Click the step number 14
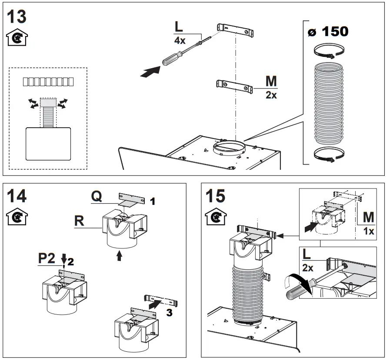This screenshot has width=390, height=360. point(17,196)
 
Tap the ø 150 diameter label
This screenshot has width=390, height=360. point(328,32)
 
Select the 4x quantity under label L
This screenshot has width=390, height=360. point(180,40)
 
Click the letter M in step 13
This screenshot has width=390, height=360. point(271,81)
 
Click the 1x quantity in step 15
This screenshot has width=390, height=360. point(368,231)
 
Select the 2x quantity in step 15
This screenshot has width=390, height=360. point(307,268)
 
